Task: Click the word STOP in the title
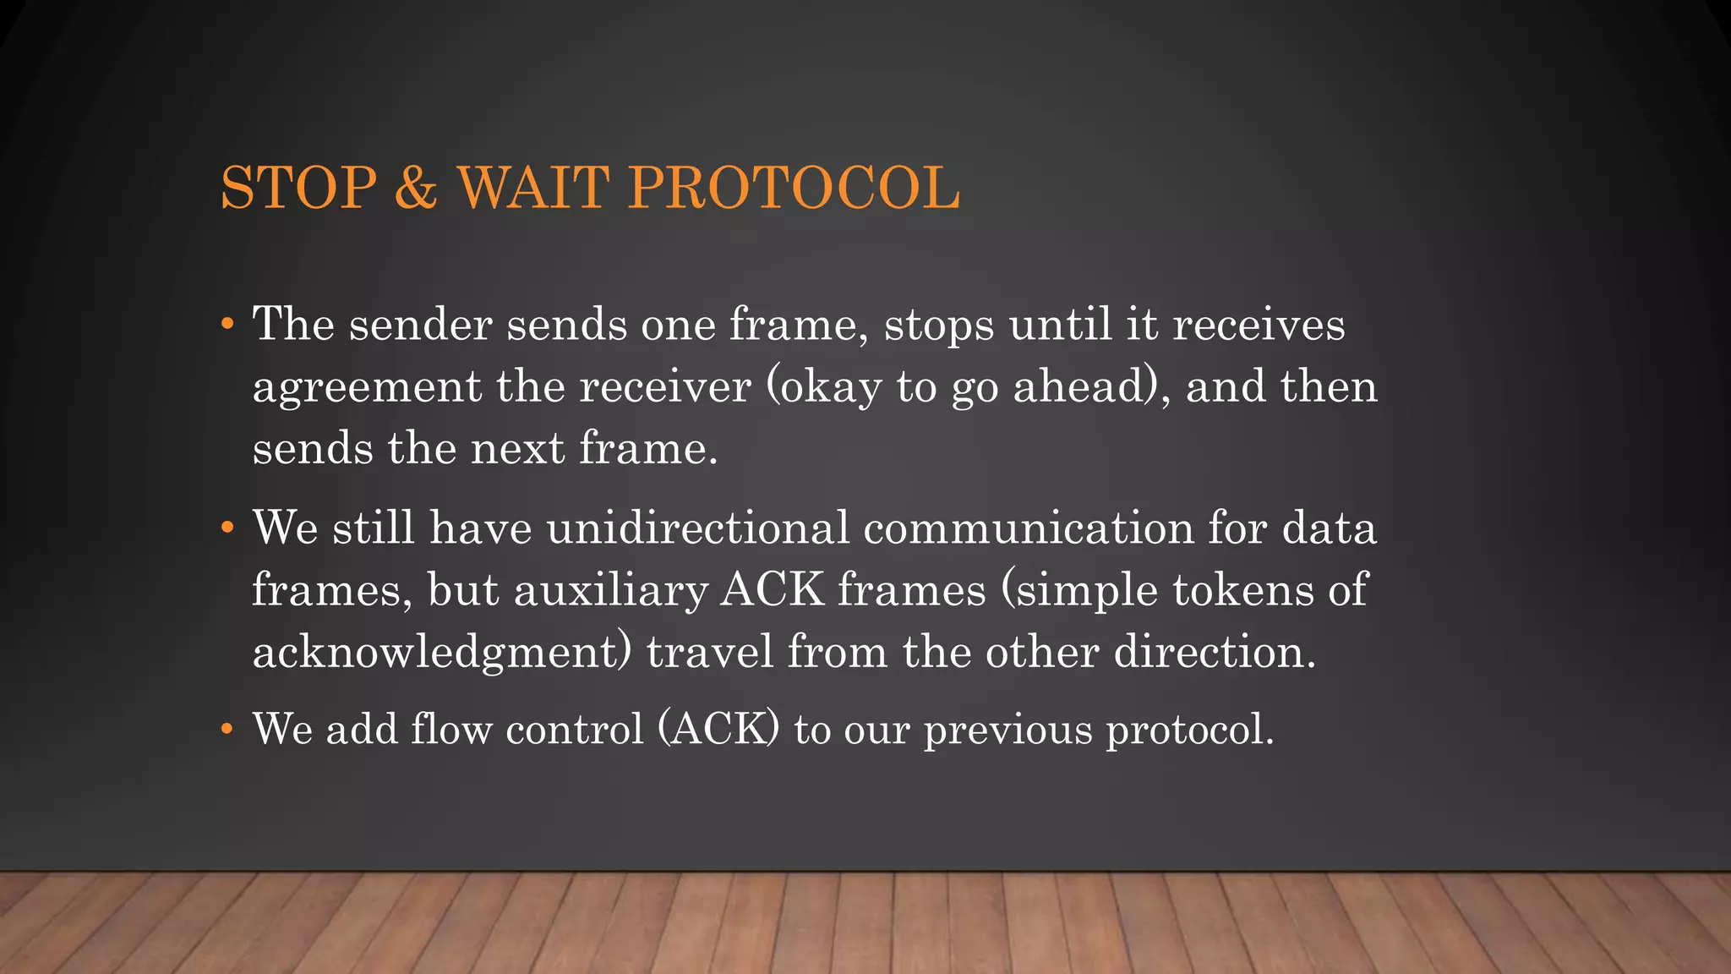point(298,188)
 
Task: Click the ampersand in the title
point(415,188)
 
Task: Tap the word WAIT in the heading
point(533,188)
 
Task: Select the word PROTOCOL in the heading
point(794,188)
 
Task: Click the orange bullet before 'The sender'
point(227,325)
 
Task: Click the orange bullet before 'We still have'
point(227,528)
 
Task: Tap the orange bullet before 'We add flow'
point(227,729)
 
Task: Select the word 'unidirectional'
point(697,528)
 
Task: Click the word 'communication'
point(1029,528)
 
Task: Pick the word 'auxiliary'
point(610,590)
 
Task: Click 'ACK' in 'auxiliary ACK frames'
point(772,590)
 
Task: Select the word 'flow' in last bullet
point(450,729)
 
